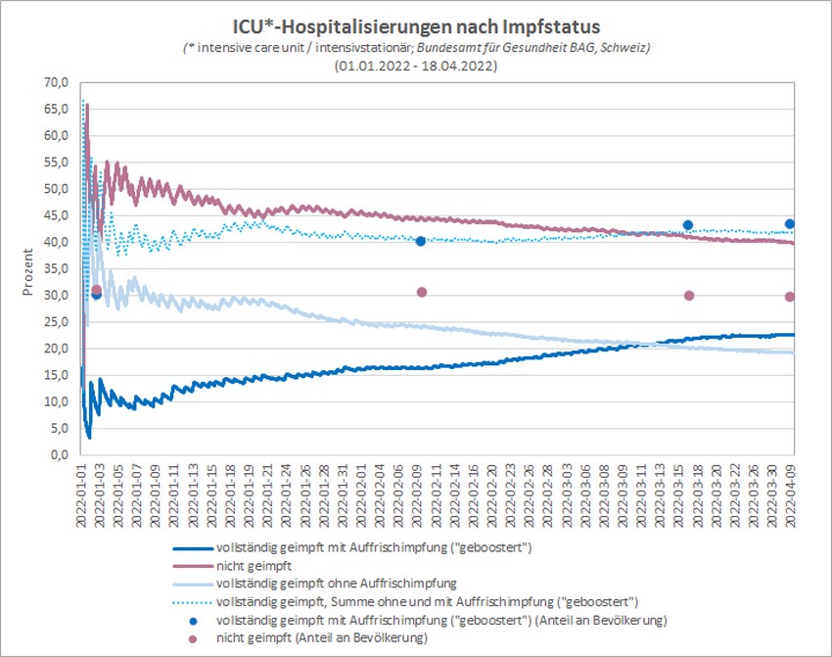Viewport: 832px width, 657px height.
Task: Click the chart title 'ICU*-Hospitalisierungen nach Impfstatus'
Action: tap(416, 26)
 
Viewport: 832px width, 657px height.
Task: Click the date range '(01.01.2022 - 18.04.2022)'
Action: tap(416, 66)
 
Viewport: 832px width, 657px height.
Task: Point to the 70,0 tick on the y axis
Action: tap(57, 83)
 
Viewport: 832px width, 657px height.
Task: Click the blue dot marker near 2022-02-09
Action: tap(421, 241)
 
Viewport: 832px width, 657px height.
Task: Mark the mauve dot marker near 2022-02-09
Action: tap(421, 292)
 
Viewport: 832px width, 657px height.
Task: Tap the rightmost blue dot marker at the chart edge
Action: tap(790, 223)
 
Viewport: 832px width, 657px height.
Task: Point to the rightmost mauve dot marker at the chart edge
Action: tap(790, 297)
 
